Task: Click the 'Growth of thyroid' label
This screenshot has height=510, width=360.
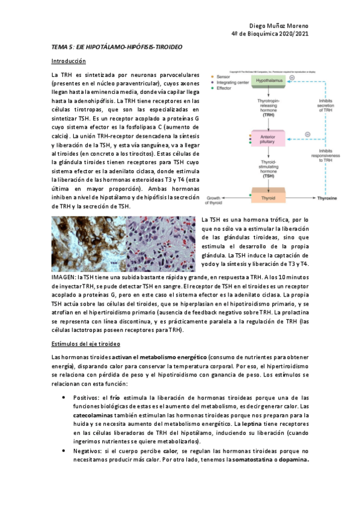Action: pos(216,200)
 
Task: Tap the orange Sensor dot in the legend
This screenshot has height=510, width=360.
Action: pos(212,78)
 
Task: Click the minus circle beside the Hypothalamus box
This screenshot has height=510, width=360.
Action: pos(291,77)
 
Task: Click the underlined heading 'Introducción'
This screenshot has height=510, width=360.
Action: pos(69,61)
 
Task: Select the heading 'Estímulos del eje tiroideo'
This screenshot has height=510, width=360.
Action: pos(87,343)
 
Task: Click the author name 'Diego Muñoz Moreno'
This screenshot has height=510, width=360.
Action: pos(278,26)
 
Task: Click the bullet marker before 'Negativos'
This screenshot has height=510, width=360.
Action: pos(64,450)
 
